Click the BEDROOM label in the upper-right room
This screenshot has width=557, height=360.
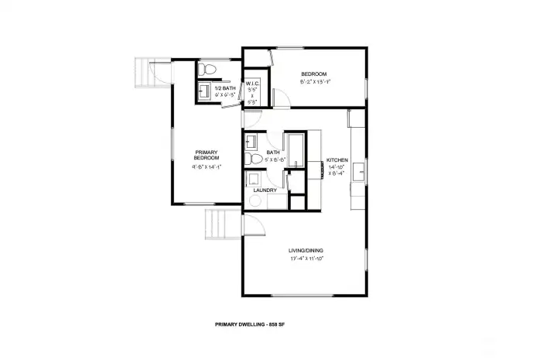[313, 74]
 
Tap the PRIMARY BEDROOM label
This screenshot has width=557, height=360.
[205, 155]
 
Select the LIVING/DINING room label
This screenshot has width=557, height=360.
[306, 251]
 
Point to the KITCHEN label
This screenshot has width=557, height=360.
[337, 159]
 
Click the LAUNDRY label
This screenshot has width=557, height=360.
[265, 190]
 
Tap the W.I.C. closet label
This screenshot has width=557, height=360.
[253, 85]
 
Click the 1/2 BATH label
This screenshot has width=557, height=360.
[224, 88]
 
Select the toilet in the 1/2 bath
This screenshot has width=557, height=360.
[205, 70]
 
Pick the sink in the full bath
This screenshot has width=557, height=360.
[250, 142]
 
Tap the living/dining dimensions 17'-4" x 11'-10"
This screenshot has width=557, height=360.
[306, 259]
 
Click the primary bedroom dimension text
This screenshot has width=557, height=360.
[206, 166]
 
